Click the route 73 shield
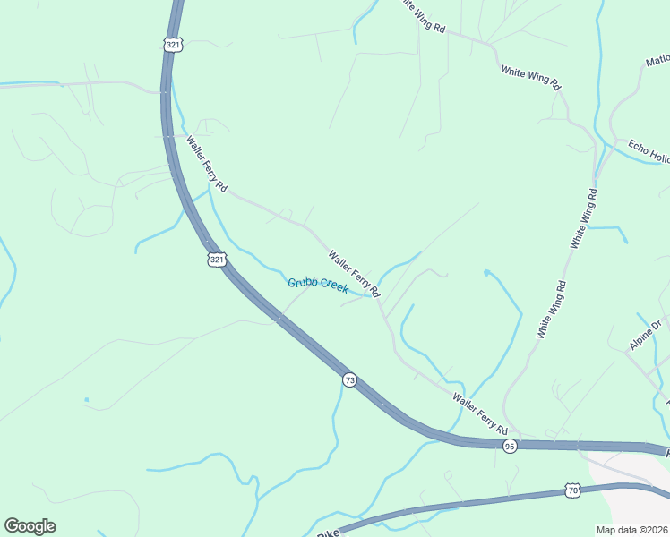pos(349,380)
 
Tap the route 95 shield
pos(509,446)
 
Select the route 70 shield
pos(572,490)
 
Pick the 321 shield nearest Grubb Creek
pos(216,260)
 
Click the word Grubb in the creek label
pos(303,284)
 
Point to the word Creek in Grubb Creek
pos(333,288)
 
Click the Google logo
pos(30,526)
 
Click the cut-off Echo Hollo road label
pos(649,151)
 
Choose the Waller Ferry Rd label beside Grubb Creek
pos(354,273)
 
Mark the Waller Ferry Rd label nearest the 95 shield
pos(479,413)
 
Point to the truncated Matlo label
pos(657,60)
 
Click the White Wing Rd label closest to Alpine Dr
pos(552,310)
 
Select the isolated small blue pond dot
pos(87,399)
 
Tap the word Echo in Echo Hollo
pos(637,146)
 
